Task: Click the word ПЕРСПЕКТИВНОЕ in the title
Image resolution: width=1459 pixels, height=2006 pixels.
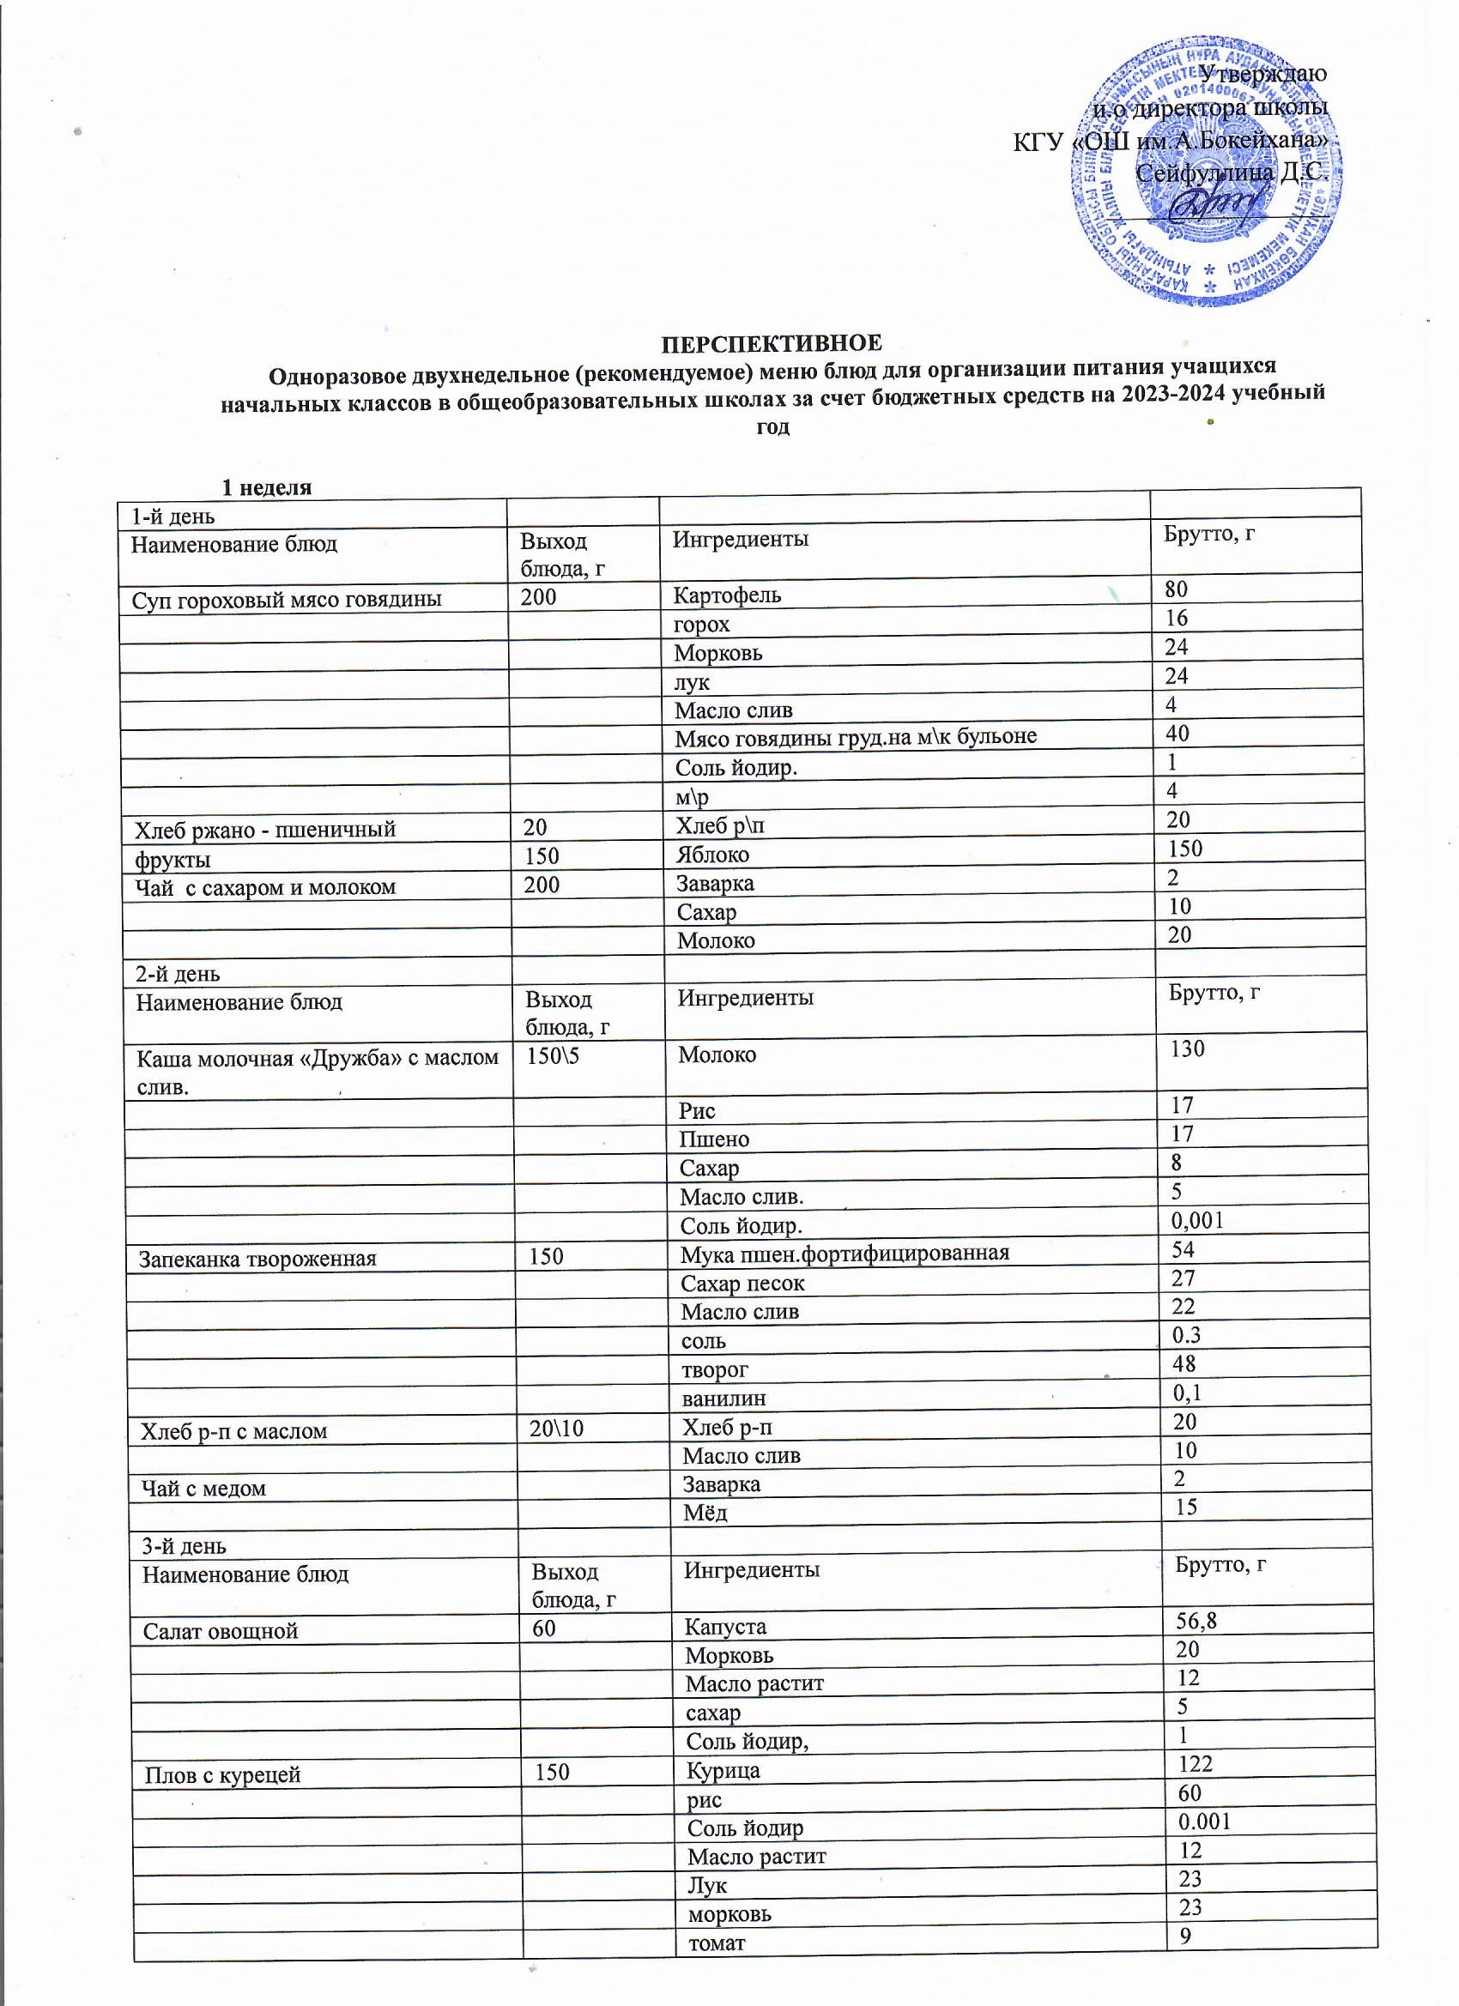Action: [772, 343]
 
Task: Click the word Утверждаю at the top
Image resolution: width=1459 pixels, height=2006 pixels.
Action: [1262, 74]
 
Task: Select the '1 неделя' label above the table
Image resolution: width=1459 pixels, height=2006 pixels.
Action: [266, 486]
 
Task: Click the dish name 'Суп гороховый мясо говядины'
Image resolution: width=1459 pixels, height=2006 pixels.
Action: [287, 600]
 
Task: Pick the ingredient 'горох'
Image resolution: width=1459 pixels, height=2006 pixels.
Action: [702, 625]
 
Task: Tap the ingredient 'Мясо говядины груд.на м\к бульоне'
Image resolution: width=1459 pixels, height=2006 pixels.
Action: [855, 737]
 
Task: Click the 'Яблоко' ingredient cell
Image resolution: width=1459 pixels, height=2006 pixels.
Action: [712, 855]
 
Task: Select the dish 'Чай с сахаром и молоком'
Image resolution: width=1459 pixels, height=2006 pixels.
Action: [265, 887]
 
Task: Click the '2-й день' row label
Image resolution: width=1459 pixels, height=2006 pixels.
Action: [178, 974]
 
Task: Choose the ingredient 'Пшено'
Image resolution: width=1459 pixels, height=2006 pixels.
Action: [714, 1139]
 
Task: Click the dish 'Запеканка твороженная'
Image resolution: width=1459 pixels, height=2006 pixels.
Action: [257, 1259]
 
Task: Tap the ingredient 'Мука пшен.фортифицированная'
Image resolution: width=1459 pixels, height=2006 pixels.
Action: [845, 1254]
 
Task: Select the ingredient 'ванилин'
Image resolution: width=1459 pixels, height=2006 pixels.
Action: [723, 1399]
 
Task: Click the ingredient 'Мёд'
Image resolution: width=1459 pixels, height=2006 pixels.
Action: [705, 1514]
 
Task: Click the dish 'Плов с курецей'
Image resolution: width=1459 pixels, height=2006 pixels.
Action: [223, 1775]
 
